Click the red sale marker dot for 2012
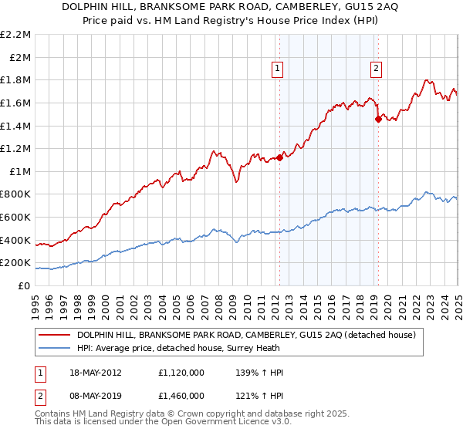click(x=279, y=157)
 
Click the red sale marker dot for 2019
click(x=378, y=119)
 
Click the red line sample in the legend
click(x=55, y=335)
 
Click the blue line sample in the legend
click(x=55, y=348)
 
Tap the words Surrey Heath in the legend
click(x=255, y=348)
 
